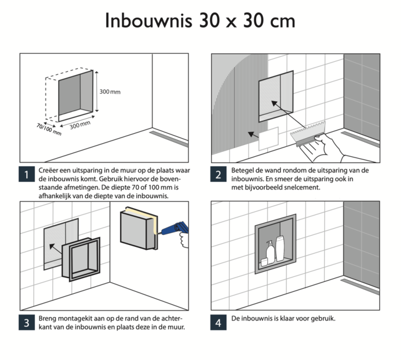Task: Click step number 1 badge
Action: (x=27, y=174)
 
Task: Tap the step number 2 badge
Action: (x=219, y=174)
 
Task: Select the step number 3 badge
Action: (x=27, y=322)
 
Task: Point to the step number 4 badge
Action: (x=219, y=322)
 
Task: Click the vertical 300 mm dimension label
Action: (x=110, y=92)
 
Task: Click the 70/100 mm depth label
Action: (x=49, y=129)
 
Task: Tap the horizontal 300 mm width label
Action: (x=79, y=124)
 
